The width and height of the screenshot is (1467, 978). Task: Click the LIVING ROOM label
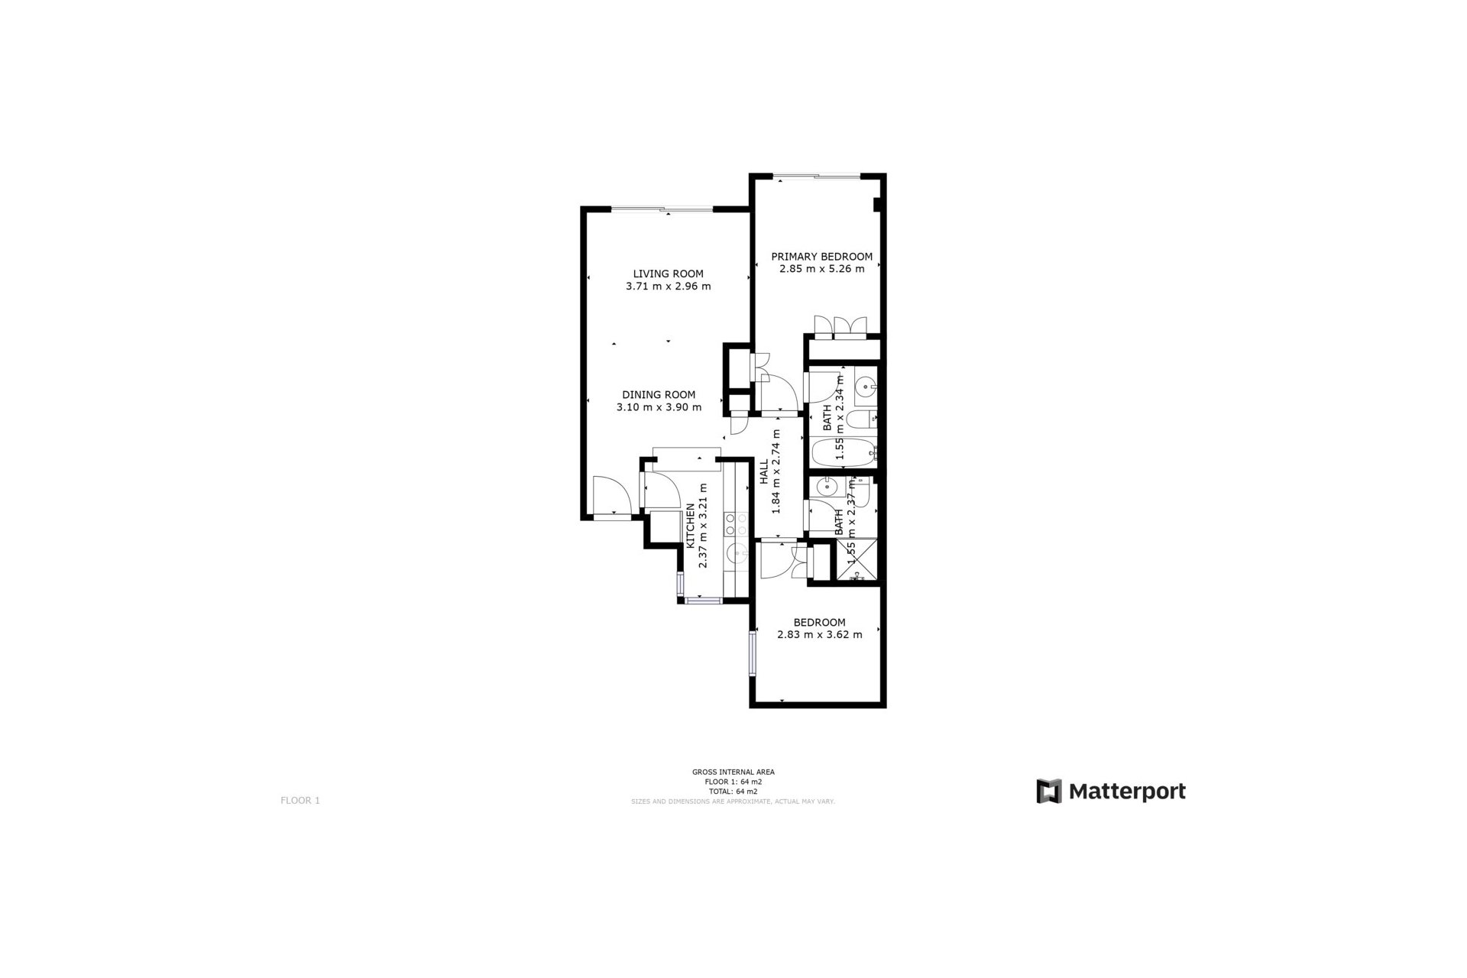(668, 274)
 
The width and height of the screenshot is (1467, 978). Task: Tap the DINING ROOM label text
(659, 395)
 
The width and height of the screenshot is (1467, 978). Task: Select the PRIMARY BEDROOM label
(821, 257)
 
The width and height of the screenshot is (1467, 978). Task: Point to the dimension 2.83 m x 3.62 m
(819, 635)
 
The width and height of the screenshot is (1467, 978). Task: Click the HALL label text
(764, 471)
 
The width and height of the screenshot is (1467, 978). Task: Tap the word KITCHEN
(691, 525)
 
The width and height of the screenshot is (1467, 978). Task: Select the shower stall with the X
(857, 562)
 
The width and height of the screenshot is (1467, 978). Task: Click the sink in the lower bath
(826, 486)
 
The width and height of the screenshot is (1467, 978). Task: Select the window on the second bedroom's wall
(753, 651)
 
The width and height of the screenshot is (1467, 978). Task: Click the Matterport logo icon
(1049, 792)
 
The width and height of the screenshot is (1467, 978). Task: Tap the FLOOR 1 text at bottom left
(300, 801)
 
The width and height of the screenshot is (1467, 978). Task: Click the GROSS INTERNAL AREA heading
(733, 772)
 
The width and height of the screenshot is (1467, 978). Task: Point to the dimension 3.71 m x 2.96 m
(668, 287)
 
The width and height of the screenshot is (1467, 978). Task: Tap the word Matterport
(1127, 792)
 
